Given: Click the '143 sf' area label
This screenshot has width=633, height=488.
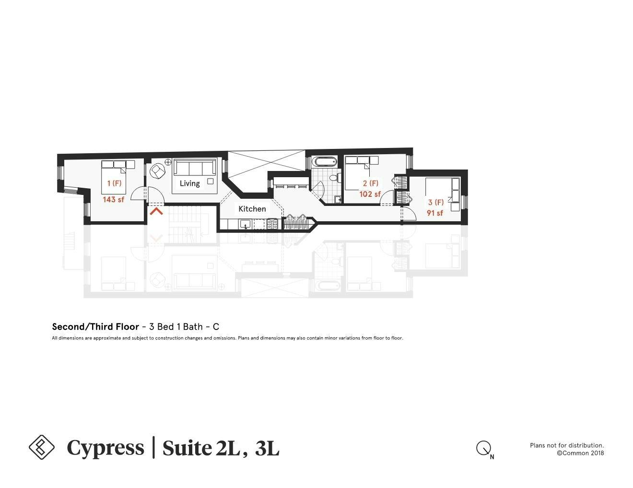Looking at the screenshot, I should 113,199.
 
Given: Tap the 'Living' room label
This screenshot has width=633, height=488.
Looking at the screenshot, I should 189,183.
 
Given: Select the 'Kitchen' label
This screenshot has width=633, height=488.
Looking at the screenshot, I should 252,209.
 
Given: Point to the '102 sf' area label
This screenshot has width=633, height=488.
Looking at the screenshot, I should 370,194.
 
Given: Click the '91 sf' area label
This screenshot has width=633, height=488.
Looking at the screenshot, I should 435,213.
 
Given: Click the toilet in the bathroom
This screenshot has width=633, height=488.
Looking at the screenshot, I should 335,178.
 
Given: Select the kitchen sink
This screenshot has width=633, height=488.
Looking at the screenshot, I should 245,224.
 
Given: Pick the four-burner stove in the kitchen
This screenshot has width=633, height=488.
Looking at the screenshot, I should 272,224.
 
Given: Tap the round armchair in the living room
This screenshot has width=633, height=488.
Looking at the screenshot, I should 158,170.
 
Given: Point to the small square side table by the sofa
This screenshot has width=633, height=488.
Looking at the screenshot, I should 211,181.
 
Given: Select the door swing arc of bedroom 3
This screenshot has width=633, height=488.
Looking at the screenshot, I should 409,215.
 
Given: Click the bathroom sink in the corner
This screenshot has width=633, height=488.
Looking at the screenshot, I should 338,199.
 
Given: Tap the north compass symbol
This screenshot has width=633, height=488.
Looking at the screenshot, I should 483,449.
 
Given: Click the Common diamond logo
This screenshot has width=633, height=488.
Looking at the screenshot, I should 42,447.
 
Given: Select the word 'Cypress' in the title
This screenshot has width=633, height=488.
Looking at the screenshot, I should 105,448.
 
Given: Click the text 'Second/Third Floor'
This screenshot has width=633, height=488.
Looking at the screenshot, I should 95,327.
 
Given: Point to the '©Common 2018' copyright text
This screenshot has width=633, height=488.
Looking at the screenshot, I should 580,453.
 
